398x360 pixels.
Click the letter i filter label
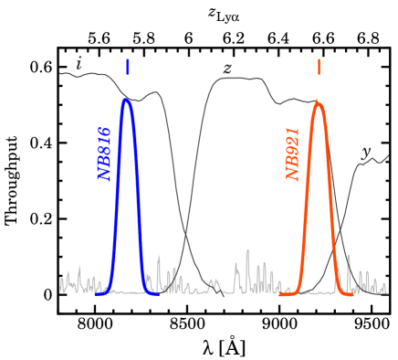coord(79,64)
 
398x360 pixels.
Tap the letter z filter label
coord(227,69)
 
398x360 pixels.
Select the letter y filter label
coord(366,153)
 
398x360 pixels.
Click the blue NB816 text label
coord(105,154)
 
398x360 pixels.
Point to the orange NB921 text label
coord(293,154)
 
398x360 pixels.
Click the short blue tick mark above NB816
coord(128,67)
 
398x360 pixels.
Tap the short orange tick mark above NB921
coord(319,67)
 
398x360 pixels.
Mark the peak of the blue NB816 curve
coord(127,100)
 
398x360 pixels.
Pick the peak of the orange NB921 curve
coord(318,102)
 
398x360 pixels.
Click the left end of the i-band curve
coord(61,73)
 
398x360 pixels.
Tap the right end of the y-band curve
coord(388,156)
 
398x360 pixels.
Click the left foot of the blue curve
coord(99,292)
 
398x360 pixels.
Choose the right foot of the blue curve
coord(157,292)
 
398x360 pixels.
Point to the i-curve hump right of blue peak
coord(156,92)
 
